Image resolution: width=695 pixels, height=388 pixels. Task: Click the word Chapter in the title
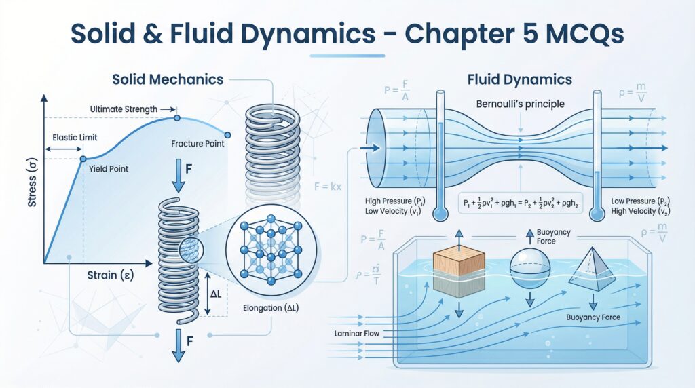[x=434, y=33]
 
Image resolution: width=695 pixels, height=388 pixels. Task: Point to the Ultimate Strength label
[x=124, y=109]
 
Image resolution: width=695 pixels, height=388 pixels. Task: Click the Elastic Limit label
[x=74, y=137]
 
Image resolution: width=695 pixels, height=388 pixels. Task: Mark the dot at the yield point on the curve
[x=83, y=159]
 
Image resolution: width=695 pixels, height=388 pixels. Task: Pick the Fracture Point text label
[x=198, y=144]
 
